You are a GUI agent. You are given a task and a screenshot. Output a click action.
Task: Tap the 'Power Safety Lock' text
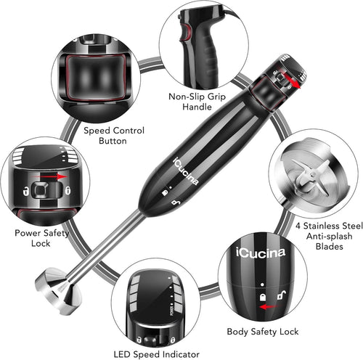coord(42,239)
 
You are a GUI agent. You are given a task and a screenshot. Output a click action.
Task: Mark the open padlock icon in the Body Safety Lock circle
coord(278,293)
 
